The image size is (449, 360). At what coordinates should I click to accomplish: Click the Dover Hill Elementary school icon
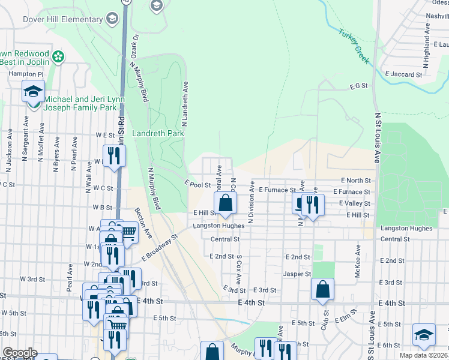click(111, 19)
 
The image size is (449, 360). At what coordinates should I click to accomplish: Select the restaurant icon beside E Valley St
click(312, 204)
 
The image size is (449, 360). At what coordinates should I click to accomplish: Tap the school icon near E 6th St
click(424, 334)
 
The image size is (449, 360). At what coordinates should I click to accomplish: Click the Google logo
click(19, 353)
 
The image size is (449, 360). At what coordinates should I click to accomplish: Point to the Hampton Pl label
click(26, 74)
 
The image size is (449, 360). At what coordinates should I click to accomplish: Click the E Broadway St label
click(160, 247)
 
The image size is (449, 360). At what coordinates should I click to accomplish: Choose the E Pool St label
click(197, 185)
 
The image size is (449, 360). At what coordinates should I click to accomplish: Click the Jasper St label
click(297, 274)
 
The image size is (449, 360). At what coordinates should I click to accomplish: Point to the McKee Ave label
click(358, 259)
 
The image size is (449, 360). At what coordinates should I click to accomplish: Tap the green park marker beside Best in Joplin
click(58, 57)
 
